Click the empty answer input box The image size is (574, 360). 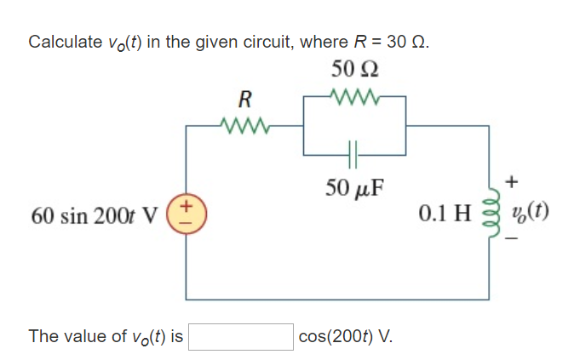[x=241, y=336]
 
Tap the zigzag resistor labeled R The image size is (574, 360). [x=244, y=128]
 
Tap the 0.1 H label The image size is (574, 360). [x=445, y=213]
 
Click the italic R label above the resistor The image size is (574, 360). [x=244, y=98]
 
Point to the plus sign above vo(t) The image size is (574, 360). [x=510, y=182]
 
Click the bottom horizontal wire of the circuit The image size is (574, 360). [x=341, y=299]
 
